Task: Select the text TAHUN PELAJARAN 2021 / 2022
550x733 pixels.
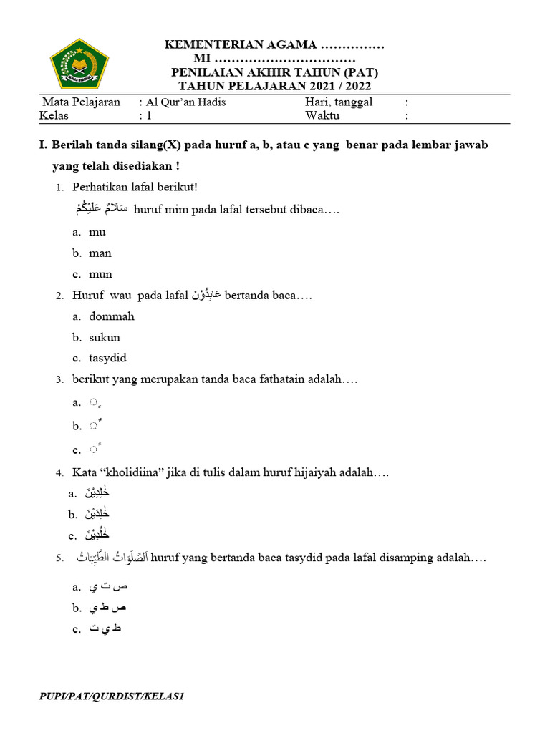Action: click(x=275, y=87)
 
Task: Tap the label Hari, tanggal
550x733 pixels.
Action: click(x=339, y=102)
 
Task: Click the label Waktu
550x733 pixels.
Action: click(x=322, y=116)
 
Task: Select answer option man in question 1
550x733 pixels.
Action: click(x=100, y=253)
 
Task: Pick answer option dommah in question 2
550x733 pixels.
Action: click(x=112, y=316)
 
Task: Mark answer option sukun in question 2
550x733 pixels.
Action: click(x=105, y=337)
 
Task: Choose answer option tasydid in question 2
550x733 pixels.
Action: click(x=107, y=358)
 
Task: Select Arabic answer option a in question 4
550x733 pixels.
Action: click(x=97, y=493)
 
